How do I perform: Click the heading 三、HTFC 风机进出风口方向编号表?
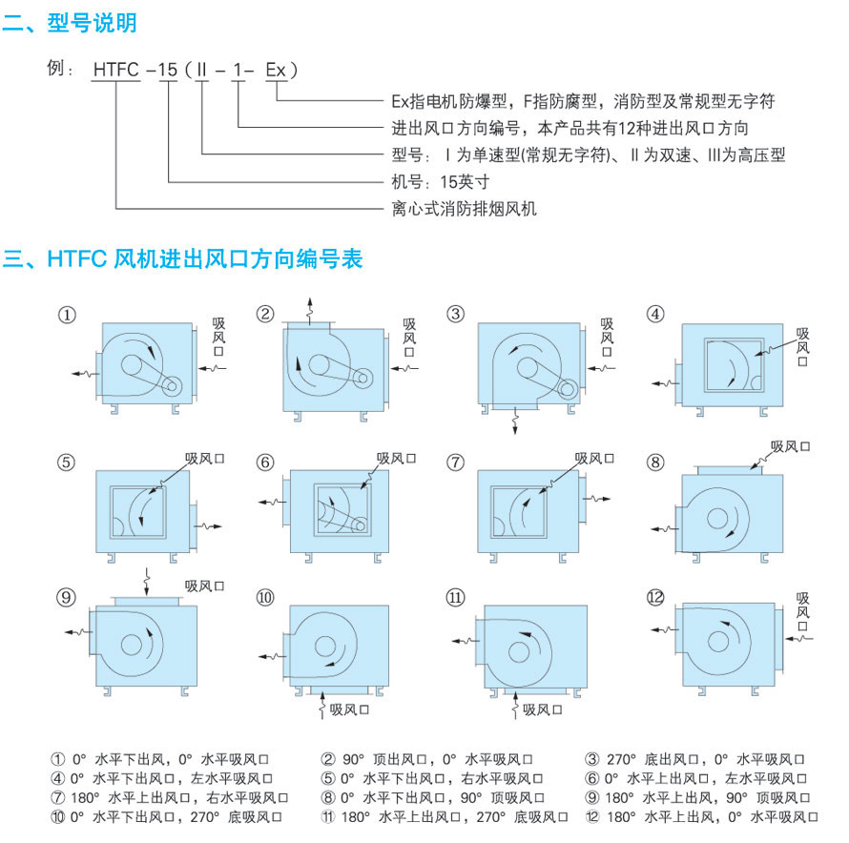[x=182, y=258]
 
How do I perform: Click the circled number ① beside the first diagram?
[x=66, y=314]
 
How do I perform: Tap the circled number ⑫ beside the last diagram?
[x=654, y=598]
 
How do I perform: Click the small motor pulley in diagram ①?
[x=172, y=385]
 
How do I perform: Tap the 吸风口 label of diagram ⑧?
[x=791, y=445]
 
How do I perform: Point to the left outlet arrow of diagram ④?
[x=660, y=383]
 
